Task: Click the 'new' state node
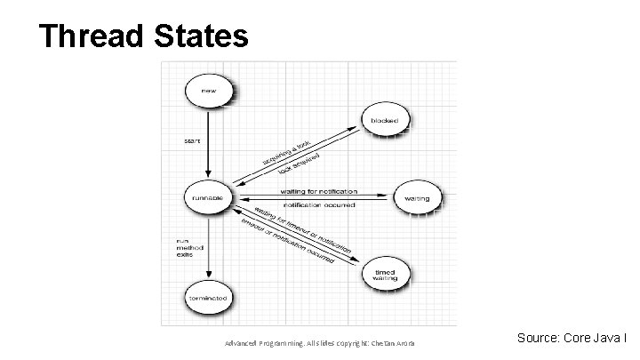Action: [207, 91]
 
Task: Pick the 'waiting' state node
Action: [415, 197]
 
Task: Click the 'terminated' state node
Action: [207, 297]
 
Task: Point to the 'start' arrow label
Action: [192, 140]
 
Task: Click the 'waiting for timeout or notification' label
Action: [303, 228]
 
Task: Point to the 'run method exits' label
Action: [185, 246]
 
